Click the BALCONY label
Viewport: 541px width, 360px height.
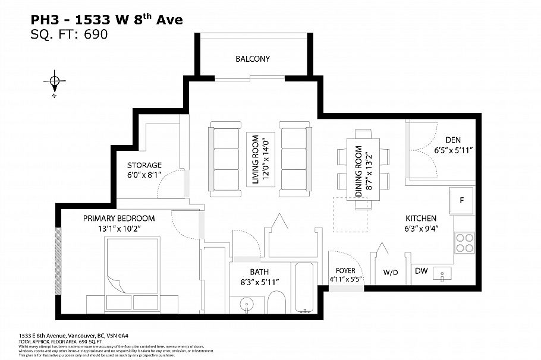point(253,59)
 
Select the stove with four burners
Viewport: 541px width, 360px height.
point(464,242)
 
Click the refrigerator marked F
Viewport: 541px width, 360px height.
point(461,200)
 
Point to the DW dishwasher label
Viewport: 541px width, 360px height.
point(421,271)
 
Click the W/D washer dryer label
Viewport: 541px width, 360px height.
point(391,273)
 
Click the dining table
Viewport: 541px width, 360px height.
point(363,169)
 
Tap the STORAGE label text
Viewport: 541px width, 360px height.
point(144,165)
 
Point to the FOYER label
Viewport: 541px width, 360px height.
point(345,270)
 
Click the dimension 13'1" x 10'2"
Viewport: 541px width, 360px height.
point(119,228)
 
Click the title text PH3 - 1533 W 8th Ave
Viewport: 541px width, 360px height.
point(106,20)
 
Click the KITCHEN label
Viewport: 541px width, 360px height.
point(421,218)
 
